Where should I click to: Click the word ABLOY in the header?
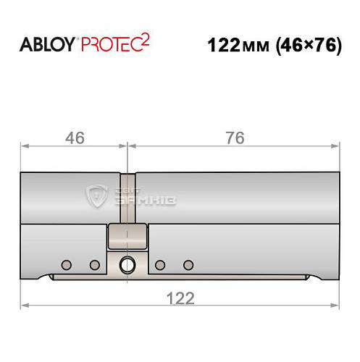click(46, 45)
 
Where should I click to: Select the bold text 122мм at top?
click(236, 46)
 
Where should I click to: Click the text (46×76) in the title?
click(308, 46)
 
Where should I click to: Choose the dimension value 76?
click(234, 137)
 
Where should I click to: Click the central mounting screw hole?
click(127, 264)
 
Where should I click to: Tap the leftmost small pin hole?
click(66, 263)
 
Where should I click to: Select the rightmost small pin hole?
click(189, 263)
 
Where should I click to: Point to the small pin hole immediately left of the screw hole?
click(93, 263)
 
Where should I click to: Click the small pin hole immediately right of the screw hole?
click(161, 263)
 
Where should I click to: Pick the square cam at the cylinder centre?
click(127, 235)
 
